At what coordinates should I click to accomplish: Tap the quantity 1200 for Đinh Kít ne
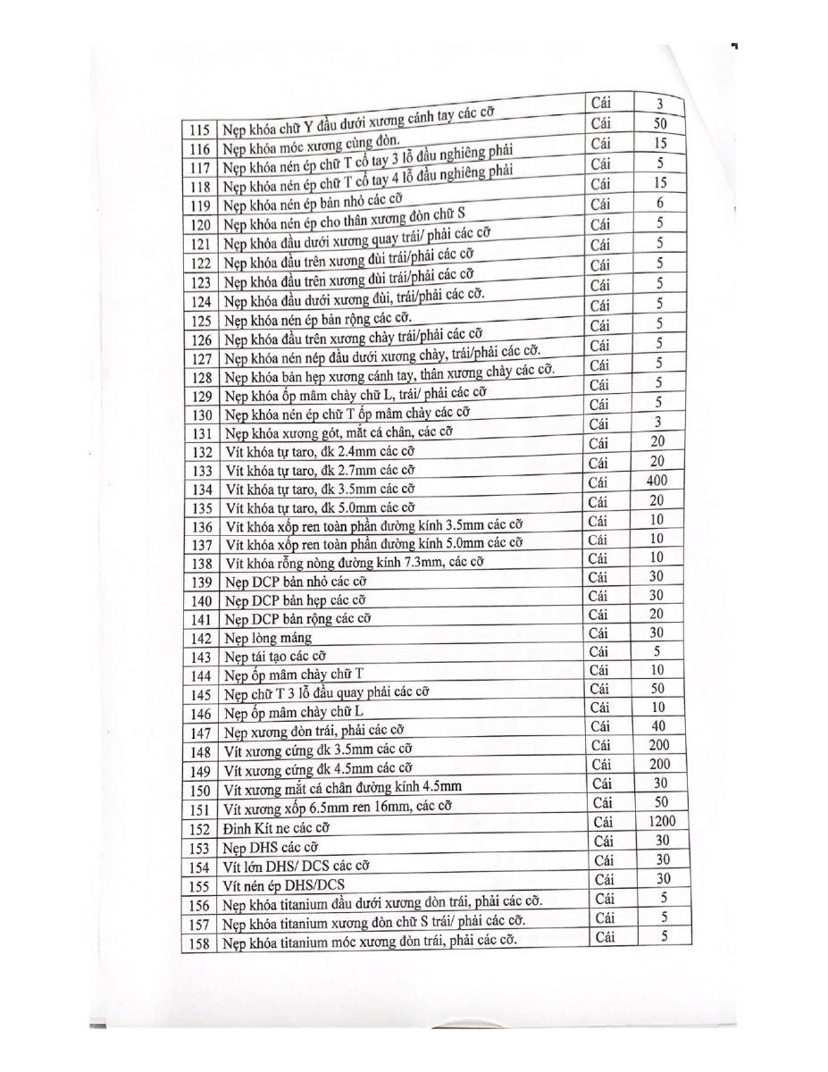(x=662, y=821)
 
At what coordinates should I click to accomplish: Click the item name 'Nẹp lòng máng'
(x=268, y=638)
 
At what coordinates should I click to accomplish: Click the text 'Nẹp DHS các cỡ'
(x=271, y=847)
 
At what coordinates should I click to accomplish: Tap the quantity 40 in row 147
(x=659, y=726)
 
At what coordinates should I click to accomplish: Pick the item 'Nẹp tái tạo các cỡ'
(x=275, y=657)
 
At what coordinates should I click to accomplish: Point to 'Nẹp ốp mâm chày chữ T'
(x=289, y=674)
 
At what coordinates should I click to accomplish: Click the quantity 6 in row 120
(x=659, y=203)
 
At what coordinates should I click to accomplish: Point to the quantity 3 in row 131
(x=658, y=422)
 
